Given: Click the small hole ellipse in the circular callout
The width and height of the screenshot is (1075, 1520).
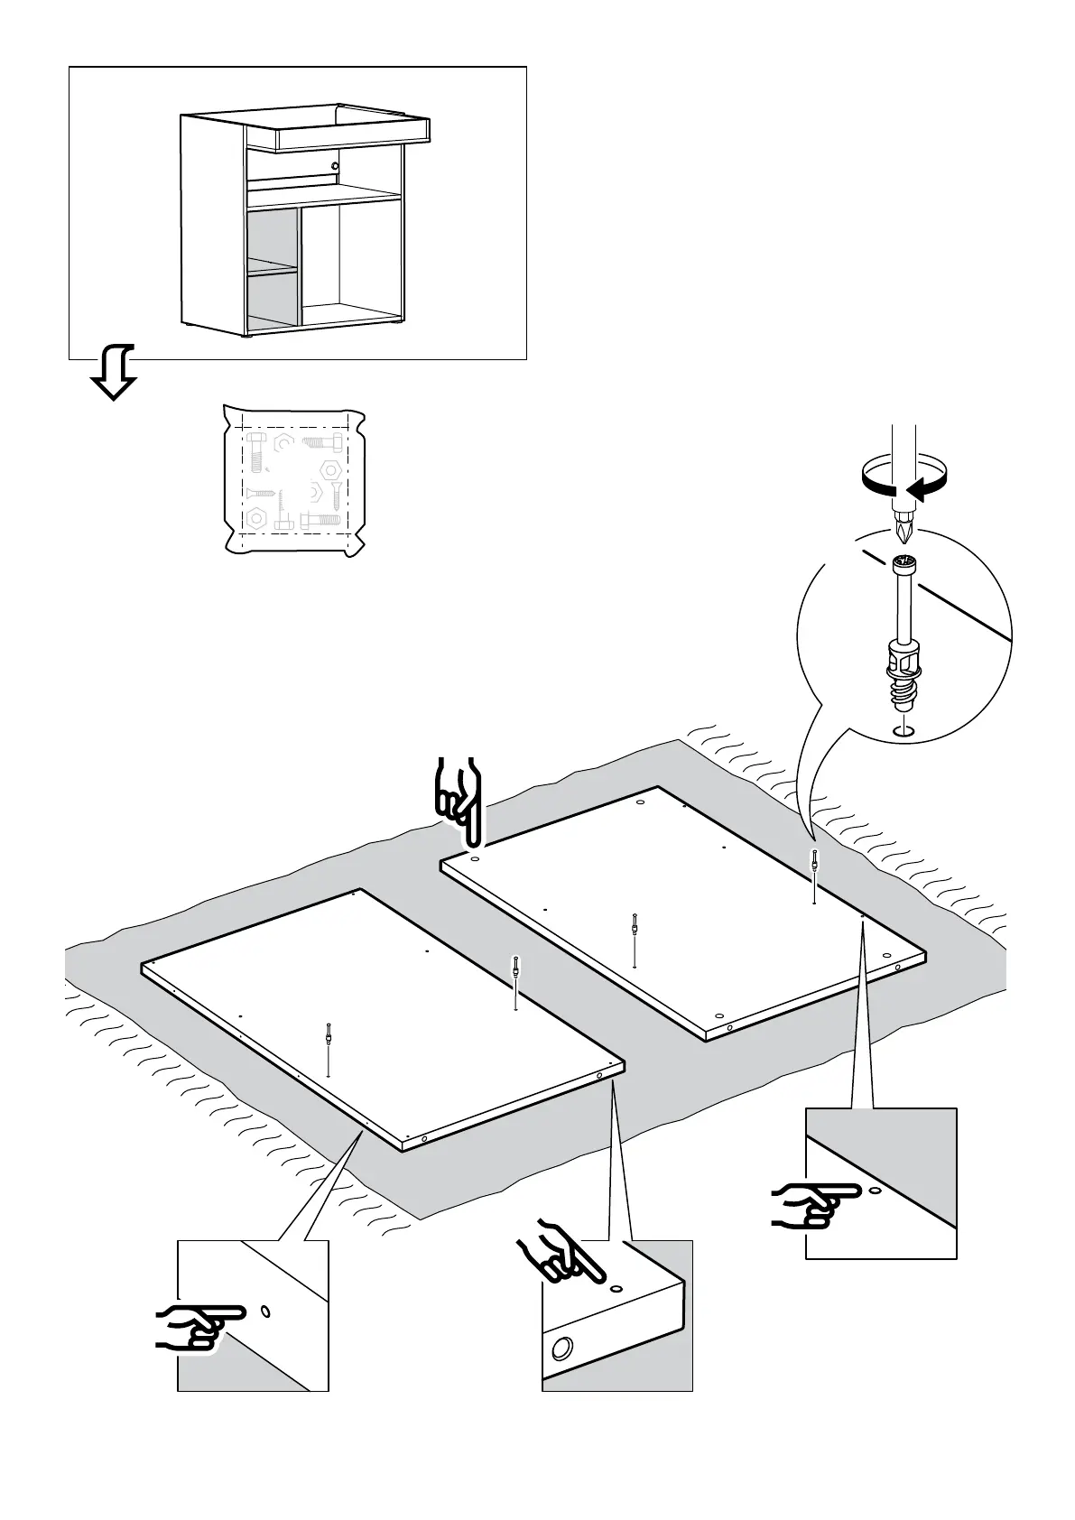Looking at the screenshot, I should coord(904,730).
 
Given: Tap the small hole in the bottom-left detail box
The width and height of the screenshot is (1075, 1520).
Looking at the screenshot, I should coord(264,1311).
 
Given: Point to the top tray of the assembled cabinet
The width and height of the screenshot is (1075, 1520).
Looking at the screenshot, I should coord(352,134).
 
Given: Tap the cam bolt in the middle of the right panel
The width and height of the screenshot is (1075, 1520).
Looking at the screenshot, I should coord(636,925).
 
